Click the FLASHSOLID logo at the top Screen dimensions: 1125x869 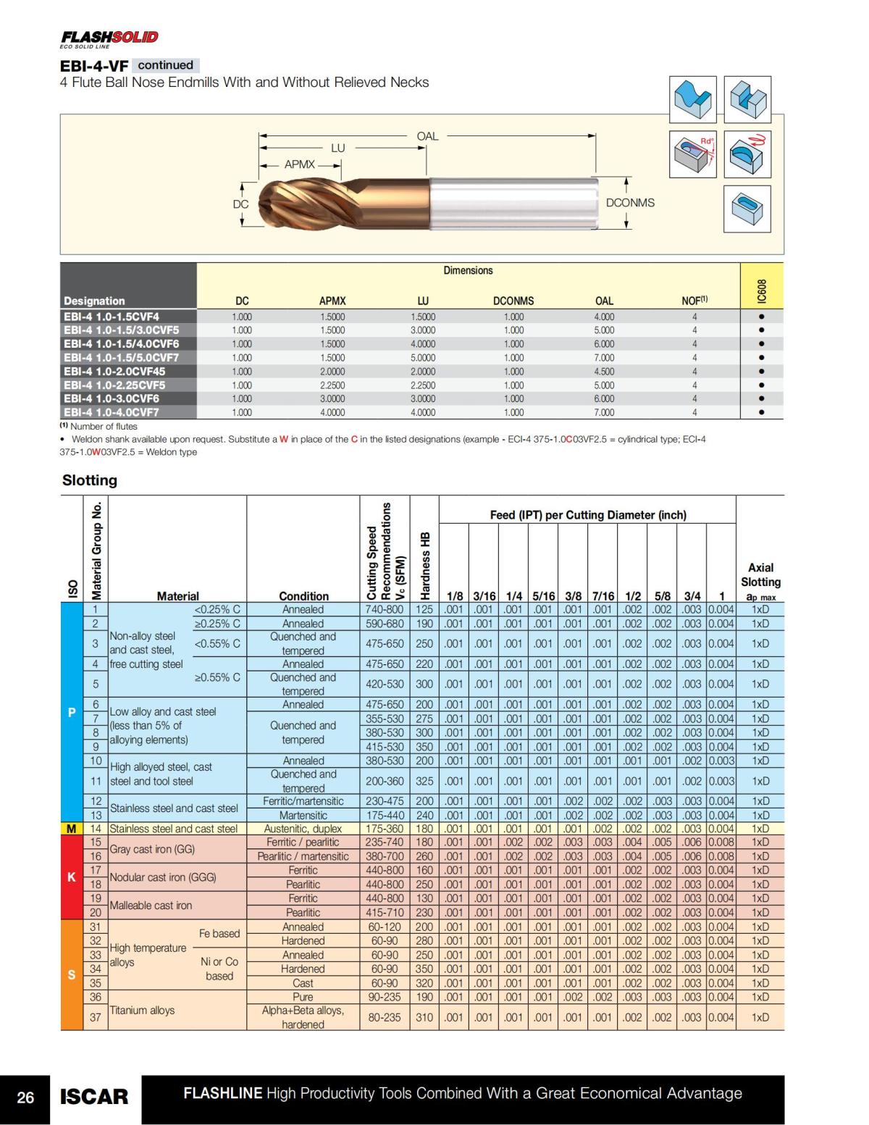tap(109, 37)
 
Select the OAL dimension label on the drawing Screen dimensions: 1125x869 tap(427, 136)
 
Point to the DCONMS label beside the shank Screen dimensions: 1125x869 tap(630, 203)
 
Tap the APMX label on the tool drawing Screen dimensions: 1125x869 tap(299, 164)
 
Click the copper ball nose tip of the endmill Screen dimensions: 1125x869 tap(272, 204)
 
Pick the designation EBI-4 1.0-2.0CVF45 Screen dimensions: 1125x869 tap(111, 372)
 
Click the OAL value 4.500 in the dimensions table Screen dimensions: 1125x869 tap(604, 372)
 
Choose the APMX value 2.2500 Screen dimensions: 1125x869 tap(332, 385)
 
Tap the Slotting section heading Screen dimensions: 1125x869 tap(90, 480)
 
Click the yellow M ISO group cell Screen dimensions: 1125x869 tap(72, 829)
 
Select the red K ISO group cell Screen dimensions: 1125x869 tap(72, 877)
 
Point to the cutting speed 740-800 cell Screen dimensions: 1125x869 tap(385, 609)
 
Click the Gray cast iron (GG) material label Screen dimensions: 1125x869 tap(152, 849)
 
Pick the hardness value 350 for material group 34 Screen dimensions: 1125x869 tap(424, 969)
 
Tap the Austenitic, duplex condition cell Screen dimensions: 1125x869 tap(303, 829)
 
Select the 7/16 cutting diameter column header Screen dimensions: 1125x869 tap(603, 596)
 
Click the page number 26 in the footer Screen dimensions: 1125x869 tap(25, 1097)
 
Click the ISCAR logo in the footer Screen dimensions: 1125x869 tap(94, 1097)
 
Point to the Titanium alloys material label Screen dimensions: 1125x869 tap(142, 1010)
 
